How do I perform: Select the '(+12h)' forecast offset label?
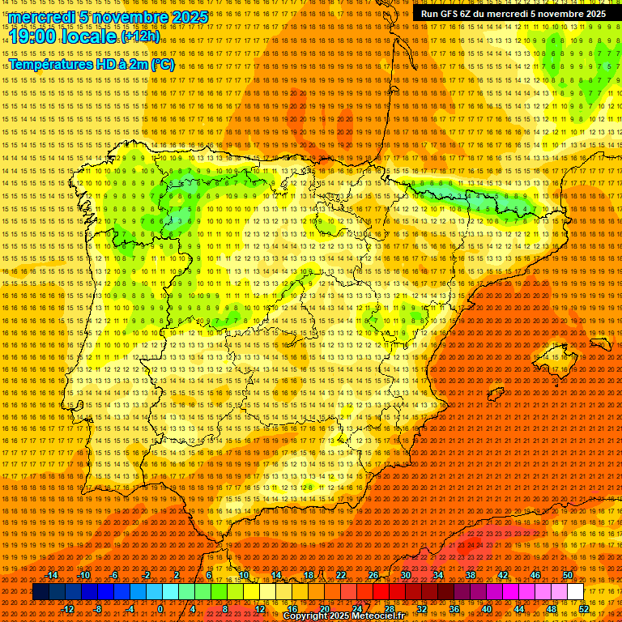point(140,36)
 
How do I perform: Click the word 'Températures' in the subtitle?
point(50,65)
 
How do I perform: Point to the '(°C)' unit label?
point(162,65)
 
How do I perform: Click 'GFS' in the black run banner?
point(454,14)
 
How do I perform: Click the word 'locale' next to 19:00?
point(92,36)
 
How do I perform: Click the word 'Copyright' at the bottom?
point(307,616)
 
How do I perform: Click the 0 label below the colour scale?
point(160,609)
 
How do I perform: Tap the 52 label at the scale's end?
point(584,609)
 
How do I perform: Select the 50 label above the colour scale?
point(568,575)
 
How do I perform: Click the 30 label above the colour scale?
point(405,575)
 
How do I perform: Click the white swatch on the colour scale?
point(576,592)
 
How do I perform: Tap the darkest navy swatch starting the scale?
point(41,592)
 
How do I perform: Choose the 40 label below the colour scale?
point(487,609)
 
